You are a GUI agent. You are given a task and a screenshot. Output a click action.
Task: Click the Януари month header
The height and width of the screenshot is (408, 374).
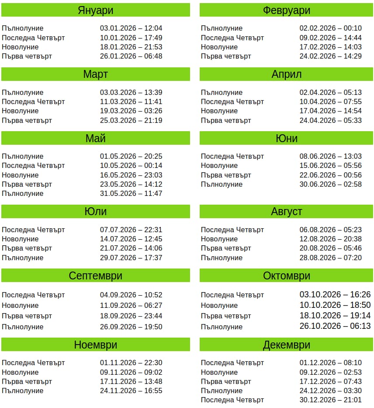click(95, 10)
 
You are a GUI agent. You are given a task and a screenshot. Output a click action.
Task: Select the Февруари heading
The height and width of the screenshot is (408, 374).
click(287, 10)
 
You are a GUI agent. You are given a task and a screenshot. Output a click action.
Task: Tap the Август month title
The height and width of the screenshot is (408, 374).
click(287, 212)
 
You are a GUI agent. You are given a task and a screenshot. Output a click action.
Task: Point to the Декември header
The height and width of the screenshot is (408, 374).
click(287, 345)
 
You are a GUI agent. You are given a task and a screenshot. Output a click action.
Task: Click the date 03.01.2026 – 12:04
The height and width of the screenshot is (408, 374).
click(131, 28)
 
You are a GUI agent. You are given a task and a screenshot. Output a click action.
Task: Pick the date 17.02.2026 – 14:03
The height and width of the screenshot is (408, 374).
click(330, 47)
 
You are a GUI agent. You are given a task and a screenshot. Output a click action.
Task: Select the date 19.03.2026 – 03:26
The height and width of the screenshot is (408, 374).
click(131, 111)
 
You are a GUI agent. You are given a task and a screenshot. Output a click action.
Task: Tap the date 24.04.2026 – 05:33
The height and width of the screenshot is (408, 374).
click(330, 120)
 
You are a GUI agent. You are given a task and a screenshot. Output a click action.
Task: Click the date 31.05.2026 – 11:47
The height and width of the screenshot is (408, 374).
click(131, 194)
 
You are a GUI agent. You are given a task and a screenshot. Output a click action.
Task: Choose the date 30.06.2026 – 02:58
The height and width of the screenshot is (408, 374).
click(330, 185)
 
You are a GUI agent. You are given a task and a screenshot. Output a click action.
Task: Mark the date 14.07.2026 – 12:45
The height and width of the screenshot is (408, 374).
click(131, 239)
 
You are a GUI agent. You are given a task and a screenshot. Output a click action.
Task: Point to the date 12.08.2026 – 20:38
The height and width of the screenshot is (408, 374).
click(330, 239)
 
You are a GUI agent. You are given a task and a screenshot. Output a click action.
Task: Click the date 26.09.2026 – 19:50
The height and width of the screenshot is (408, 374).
click(131, 327)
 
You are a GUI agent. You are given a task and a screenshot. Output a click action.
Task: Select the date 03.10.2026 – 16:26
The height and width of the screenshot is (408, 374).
click(335, 295)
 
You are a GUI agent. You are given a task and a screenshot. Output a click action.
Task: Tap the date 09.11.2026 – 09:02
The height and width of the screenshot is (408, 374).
click(131, 373)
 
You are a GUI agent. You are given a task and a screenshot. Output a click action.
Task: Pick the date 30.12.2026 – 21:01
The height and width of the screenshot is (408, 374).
click(330, 400)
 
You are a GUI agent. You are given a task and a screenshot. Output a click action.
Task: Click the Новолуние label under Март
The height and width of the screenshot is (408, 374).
click(20, 111)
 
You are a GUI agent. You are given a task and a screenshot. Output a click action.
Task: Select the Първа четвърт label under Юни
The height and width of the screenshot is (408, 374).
click(226, 175)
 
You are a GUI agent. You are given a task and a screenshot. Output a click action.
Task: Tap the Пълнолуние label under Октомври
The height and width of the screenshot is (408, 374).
click(222, 327)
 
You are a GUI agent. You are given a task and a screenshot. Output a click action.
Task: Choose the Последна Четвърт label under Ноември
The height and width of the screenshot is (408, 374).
click(33, 363)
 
